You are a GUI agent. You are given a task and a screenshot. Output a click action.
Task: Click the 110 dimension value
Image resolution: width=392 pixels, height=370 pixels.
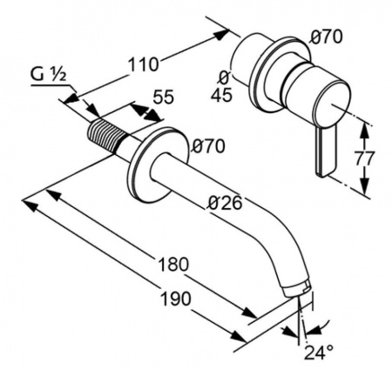click(144, 64)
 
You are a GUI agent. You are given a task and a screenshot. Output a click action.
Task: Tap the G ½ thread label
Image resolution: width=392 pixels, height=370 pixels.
click(49, 75)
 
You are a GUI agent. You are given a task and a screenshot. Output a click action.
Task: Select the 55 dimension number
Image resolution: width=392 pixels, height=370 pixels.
click(164, 97)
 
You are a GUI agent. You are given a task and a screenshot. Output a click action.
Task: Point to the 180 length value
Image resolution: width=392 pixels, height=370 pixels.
click(173, 265)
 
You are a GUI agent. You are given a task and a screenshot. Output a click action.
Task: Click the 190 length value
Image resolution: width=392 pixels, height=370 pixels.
click(176, 299)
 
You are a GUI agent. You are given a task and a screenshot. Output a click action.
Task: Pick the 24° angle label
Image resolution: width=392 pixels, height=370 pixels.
click(319, 352)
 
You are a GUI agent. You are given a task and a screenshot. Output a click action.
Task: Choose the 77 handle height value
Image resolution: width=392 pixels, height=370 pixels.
click(364, 158)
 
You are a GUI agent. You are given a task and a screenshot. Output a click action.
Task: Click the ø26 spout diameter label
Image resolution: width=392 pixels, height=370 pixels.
click(226, 202)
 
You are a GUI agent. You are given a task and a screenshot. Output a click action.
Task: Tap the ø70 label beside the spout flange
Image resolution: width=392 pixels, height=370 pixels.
click(208, 146)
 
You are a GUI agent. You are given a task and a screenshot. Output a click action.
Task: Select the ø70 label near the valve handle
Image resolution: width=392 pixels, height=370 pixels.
click(326, 37)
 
